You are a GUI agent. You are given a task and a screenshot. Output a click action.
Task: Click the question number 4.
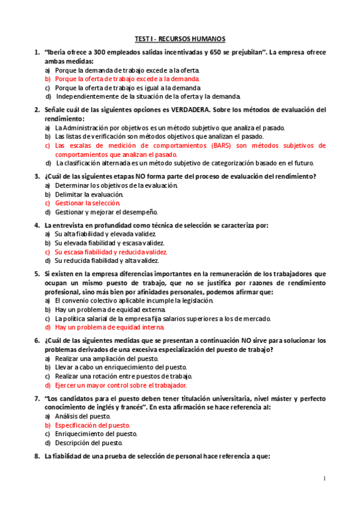point(37,226)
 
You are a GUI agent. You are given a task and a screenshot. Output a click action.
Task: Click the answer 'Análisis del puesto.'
point(82,416)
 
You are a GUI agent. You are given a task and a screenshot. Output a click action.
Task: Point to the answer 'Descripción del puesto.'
point(88,443)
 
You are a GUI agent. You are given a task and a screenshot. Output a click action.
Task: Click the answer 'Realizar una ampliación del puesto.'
point(106,358)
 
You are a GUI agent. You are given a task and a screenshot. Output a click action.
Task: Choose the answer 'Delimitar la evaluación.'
point(89,194)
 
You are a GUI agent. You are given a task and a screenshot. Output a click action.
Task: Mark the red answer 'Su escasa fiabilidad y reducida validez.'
point(111,252)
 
